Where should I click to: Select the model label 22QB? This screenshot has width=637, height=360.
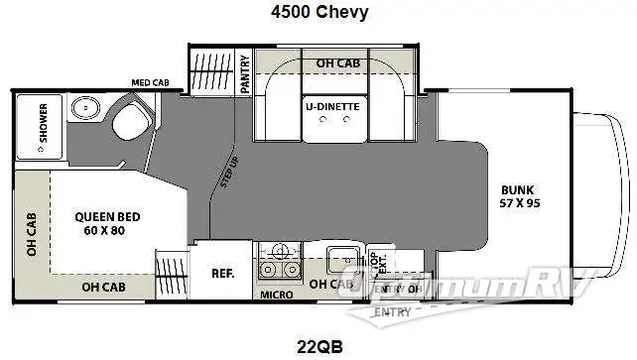[318, 346]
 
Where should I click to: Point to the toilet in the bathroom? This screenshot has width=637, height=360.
[128, 124]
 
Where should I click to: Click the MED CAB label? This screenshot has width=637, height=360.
[150, 83]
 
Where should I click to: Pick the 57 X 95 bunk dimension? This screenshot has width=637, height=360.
[519, 203]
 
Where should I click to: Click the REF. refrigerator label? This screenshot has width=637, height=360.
[221, 272]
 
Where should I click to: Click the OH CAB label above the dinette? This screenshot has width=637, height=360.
[337, 63]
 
